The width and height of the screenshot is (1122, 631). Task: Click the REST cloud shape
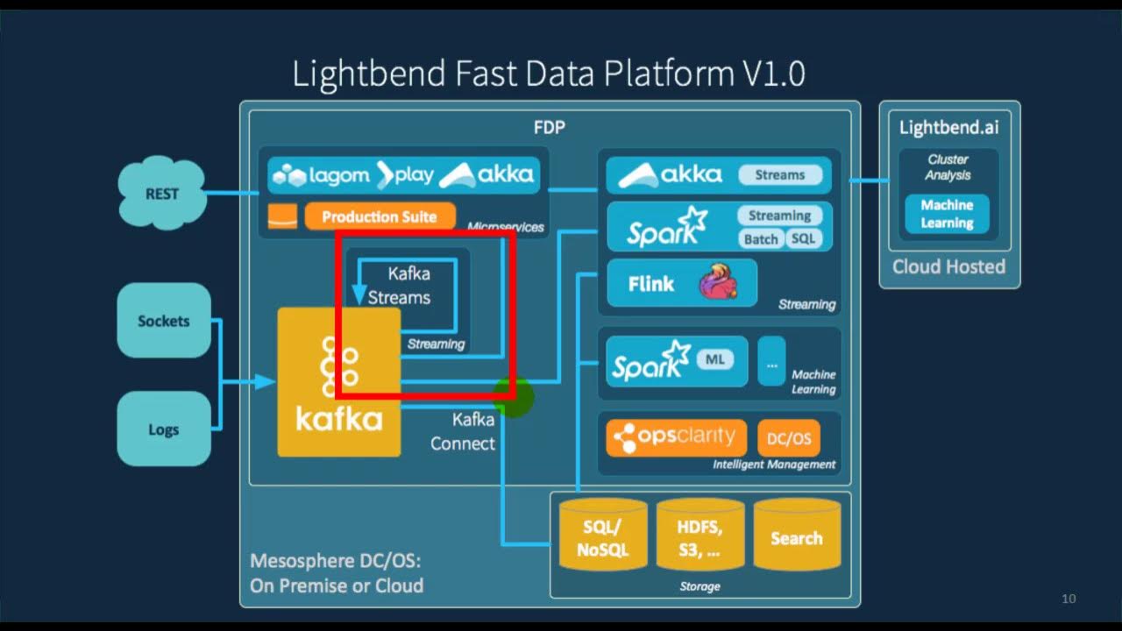pyautogui.click(x=162, y=193)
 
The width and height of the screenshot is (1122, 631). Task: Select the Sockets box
pyautogui.click(x=164, y=321)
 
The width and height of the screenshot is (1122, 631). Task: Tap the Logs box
pyautogui.click(x=164, y=429)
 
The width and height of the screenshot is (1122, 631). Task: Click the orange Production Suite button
pyautogui.click(x=380, y=216)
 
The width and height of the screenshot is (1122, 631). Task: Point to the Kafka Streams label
pyautogui.click(x=400, y=286)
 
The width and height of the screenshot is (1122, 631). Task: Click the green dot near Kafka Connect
pyautogui.click(x=515, y=397)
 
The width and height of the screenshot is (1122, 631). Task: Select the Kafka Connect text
pyautogui.click(x=463, y=431)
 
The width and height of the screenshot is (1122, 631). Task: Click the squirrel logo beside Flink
pyautogui.click(x=718, y=283)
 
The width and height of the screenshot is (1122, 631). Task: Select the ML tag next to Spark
pyautogui.click(x=715, y=358)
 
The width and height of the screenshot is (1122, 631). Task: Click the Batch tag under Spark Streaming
pyautogui.click(x=760, y=238)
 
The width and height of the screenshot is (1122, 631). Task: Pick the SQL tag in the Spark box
pyautogui.click(x=802, y=238)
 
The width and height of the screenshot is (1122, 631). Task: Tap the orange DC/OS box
pyautogui.click(x=788, y=437)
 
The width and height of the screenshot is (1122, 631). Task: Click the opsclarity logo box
pyautogui.click(x=676, y=437)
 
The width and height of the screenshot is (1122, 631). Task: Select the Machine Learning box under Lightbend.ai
pyautogui.click(x=947, y=214)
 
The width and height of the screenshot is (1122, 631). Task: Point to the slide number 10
pyautogui.click(x=1068, y=599)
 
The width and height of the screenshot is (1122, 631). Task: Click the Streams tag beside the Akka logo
pyautogui.click(x=779, y=175)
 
